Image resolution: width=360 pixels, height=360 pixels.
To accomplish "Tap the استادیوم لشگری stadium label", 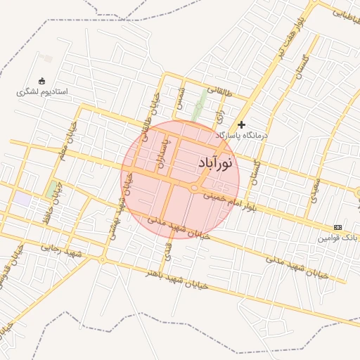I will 42,92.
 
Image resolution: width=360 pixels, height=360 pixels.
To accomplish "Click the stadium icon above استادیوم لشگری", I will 41,81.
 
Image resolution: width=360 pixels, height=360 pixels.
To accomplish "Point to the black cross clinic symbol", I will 242,124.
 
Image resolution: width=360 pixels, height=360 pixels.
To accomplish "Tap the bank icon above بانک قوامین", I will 338,227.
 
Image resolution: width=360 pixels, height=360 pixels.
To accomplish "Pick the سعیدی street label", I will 314,190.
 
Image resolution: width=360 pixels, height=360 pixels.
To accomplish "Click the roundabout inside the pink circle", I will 194,188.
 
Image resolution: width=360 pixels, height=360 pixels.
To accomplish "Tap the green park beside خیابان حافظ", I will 51,189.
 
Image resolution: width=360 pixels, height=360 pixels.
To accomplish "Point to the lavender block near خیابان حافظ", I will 23,200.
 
